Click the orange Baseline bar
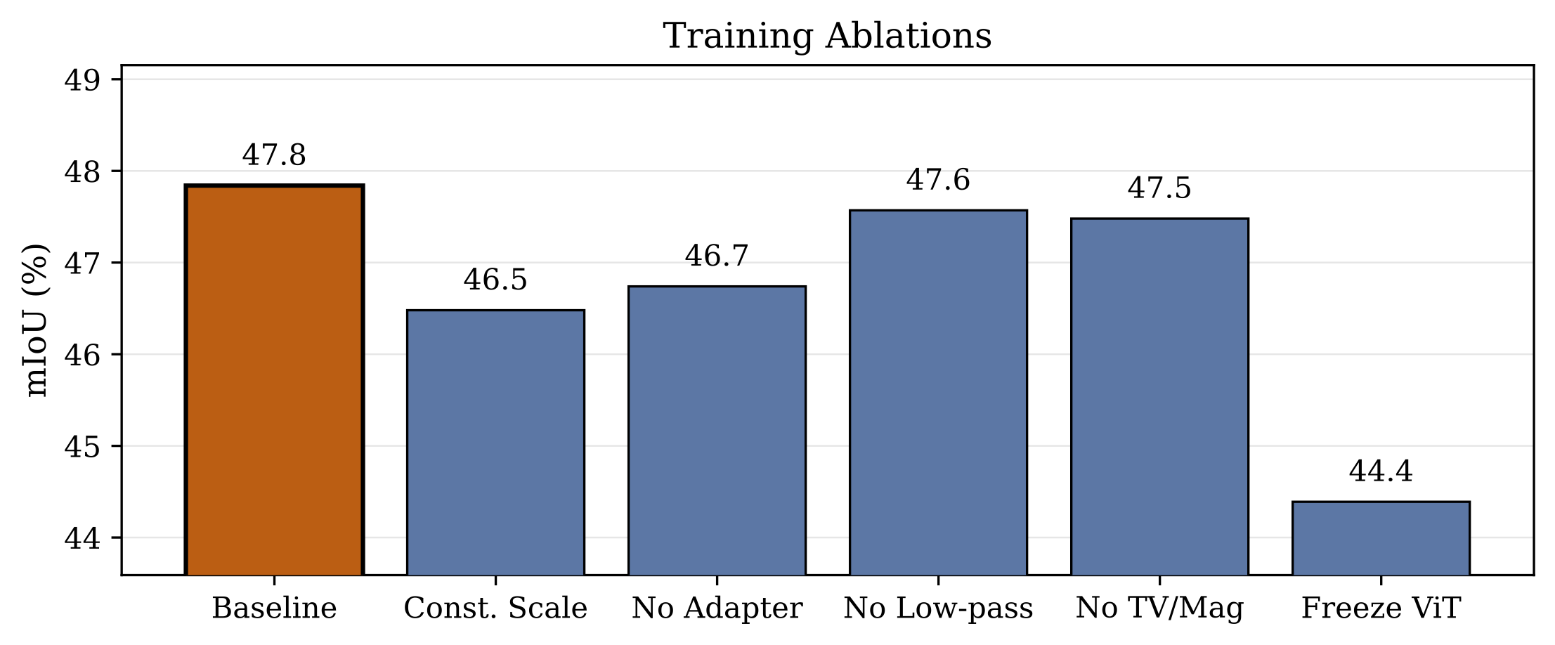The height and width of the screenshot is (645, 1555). click(x=274, y=379)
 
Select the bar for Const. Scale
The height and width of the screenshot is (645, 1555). click(x=495, y=443)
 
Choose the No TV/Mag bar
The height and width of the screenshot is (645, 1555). click(x=1159, y=396)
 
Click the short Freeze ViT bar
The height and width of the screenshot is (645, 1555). click(x=1381, y=538)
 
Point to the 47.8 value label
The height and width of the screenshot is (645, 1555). click(x=274, y=155)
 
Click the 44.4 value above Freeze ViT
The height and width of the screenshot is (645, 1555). click(x=1381, y=471)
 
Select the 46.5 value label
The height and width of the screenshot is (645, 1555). click(x=495, y=280)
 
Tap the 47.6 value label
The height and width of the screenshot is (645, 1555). click(x=938, y=180)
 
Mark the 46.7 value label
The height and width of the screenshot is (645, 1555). click(x=717, y=256)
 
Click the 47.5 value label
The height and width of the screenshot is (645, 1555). click(x=1159, y=188)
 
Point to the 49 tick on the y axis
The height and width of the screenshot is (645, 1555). click(x=82, y=80)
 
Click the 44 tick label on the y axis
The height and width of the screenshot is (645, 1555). click(x=82, y=538)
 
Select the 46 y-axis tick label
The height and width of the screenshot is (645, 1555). click(x=82, y=355)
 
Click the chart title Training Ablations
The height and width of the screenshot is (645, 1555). click(x=827, y=36)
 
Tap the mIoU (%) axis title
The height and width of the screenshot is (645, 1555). click(x=37, y=320)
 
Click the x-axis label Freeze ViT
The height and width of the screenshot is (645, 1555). click(x=1381, y=608)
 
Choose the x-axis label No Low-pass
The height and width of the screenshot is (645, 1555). click(x=938, y=608)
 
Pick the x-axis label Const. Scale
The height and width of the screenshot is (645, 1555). click(x=495, y=608)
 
